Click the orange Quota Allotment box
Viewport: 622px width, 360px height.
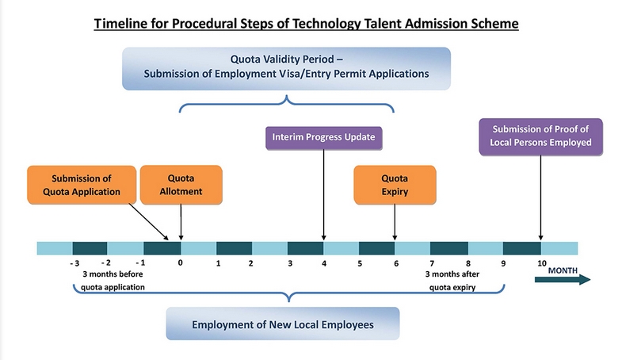[181, 185]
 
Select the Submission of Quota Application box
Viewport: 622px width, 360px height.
[82, 185]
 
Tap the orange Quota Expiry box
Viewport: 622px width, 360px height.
[395, 185]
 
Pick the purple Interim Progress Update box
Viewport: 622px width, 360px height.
[324, 138]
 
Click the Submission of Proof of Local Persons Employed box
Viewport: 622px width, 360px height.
[540, 136]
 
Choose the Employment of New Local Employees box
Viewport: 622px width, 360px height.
[283, 324]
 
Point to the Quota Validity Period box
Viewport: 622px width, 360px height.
[286, 68]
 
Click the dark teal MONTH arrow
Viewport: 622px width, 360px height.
[563, 279]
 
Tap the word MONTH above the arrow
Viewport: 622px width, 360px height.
[563, 270]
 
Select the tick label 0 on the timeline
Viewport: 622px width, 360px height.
[181, 262]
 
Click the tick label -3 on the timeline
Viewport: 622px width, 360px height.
[74, 262]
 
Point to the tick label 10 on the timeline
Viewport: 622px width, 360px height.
[542, 262]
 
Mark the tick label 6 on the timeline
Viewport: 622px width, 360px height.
[396, 263]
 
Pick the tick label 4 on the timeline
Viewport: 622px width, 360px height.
[324, 263]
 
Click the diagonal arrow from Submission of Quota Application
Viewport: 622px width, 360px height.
[149, 222]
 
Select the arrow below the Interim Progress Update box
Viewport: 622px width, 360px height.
[324, 195]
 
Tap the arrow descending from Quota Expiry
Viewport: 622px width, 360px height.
[395, 222]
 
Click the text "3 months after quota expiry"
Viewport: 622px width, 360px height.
[452, 281]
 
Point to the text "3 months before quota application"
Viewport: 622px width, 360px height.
[113, 281]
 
